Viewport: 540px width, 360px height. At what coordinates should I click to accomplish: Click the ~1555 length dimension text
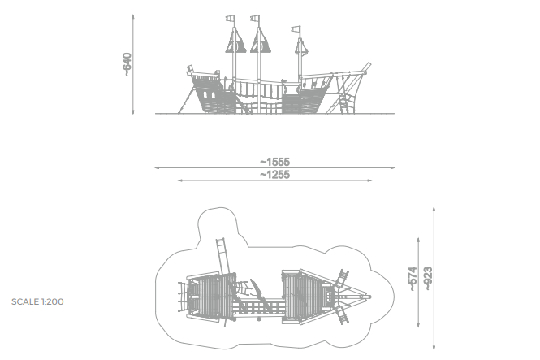[274, 163]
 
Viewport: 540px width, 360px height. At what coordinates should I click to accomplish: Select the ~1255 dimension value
[274, 175]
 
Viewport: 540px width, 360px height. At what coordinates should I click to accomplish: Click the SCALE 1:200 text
[37, 301]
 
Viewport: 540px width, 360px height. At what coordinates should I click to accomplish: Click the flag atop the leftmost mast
[231, 18]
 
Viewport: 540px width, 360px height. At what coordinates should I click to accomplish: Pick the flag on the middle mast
[257, 18]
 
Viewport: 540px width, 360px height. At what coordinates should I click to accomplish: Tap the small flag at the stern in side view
[189, 68]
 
